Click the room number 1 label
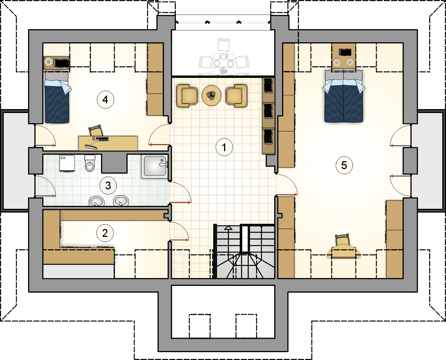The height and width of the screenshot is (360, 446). tap(224, 147)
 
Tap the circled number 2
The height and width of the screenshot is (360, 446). tap(105, 233)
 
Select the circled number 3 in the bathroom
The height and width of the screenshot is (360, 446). tap(108, 186)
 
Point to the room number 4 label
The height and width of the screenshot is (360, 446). tap(105, 100)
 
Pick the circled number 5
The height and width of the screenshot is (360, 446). tap(344, 165)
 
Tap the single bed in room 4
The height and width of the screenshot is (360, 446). tap(57, 97)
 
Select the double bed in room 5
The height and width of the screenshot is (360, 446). tap(343, 96)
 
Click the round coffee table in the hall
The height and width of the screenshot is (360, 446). tap(211, 95)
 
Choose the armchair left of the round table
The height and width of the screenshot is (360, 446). tap(187, 96)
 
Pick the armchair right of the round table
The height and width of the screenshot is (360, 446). tap(236, 96)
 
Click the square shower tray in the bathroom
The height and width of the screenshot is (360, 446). tap(155, 166)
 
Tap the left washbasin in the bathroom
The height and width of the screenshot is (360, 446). tap(97, 201)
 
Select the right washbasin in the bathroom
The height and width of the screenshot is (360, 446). tap(121, 201)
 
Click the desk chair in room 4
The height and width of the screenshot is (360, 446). tap(95, 131)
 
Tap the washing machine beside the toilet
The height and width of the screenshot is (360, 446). tap(67, 164)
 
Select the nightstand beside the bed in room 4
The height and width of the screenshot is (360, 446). tap(56, 62)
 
